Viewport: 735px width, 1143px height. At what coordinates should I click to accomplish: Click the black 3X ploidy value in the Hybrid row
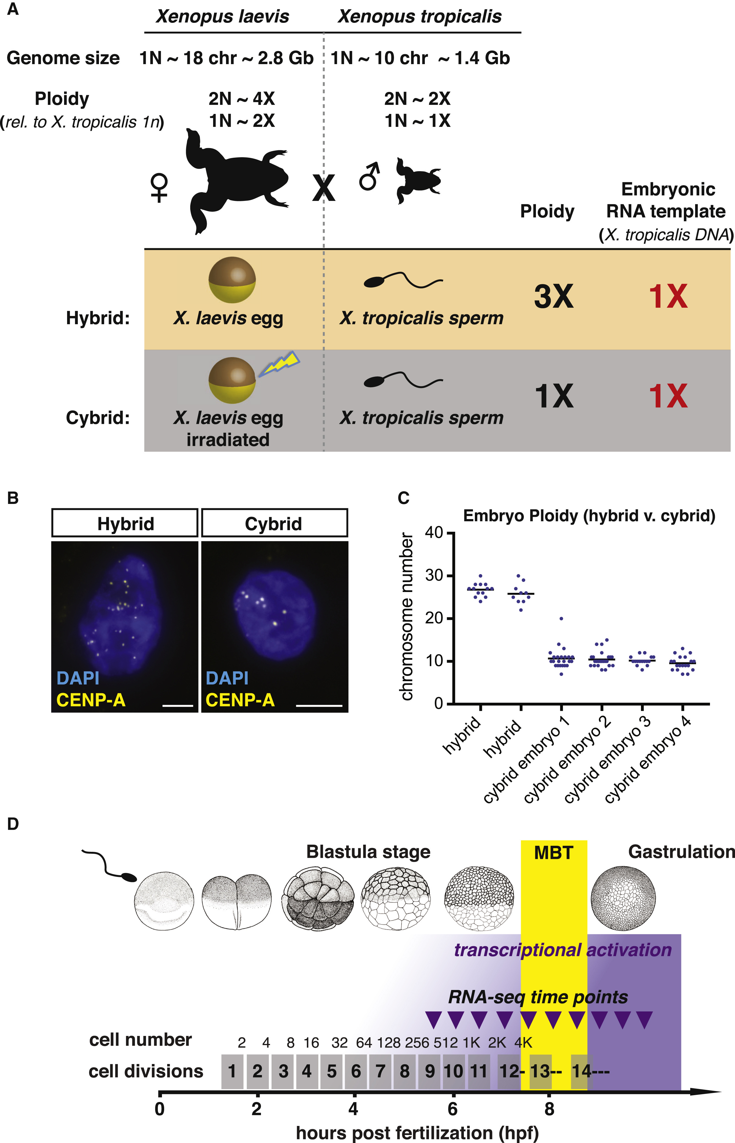pyautogui.click(x=554, y=297)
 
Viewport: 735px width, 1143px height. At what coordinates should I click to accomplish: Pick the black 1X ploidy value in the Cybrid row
pyautogui.click(x=554, y=396)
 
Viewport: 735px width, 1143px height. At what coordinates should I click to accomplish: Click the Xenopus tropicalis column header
pyautogui.click(x=420, y=17)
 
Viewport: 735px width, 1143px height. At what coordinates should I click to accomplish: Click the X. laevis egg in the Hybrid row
pyautogui.click(x=232, y=280)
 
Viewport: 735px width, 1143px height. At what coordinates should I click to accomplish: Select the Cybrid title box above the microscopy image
pyautogui.click(x=274, y=523)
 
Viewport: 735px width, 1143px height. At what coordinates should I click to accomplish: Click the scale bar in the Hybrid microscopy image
pyautogui.click(x=178, y=705)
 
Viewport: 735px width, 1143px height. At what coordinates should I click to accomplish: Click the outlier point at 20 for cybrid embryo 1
pyautogui.click(x=561, y=618)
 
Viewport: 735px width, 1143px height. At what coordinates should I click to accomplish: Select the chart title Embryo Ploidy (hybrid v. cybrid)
pyautogui.click(x=589, y=516)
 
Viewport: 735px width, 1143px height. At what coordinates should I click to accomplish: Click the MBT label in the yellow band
pyautogui.click(x=553, y=853)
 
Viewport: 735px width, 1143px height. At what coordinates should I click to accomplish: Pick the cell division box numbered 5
pyautogui.click(x=332, y=1071)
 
